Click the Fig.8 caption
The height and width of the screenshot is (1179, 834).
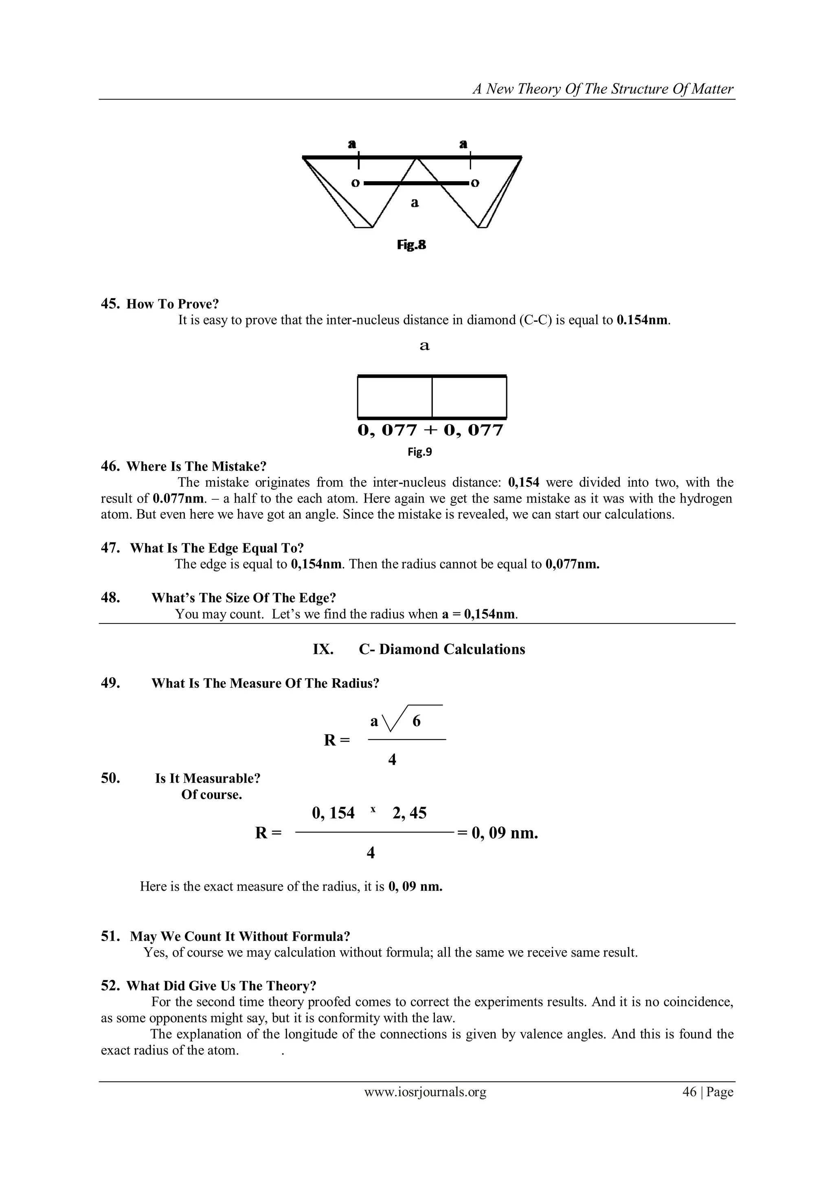click(411, 245)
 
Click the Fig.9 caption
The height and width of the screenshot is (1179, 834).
click(419, 452)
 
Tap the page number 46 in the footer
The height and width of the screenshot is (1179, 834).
click(689, 1106)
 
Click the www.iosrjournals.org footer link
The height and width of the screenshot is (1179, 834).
click(425, 1106)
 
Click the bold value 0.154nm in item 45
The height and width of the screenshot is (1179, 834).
click(643, 321)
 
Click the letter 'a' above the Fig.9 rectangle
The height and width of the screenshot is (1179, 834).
click(424, 346)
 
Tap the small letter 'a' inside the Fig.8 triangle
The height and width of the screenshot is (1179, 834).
click(415, 203)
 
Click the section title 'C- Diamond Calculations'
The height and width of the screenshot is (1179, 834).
click(442, 649)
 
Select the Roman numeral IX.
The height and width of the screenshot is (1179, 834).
click(323, 649)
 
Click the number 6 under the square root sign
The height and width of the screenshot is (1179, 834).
click(417, 722)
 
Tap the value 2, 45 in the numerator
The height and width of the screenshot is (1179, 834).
click(409, 813)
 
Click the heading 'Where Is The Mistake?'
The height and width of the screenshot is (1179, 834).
click(196, 466)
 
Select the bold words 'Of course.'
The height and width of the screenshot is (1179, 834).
click(212, 795)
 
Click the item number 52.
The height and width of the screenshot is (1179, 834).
click(110, 986)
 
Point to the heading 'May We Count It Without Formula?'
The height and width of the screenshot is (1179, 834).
click(240, 936)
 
